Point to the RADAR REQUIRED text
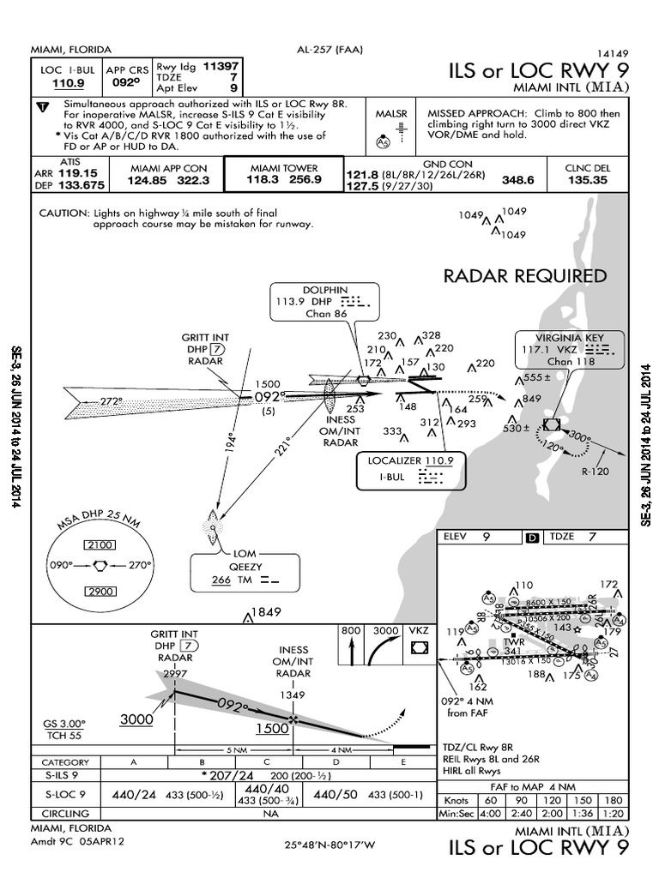point(525,276)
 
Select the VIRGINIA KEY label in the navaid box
point(570,337)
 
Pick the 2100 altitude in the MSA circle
point(101,545)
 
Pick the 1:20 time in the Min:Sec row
point(611,813)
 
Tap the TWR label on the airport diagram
point(514,641)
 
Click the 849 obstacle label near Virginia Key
point(532,399)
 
